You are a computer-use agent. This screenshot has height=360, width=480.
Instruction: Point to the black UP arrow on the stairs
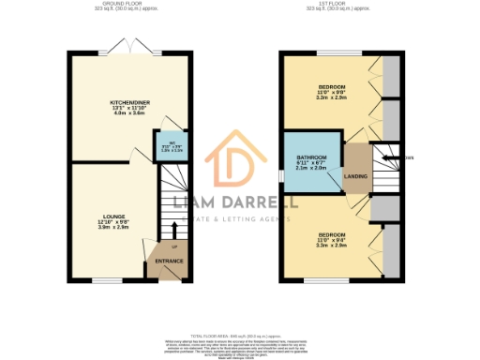tap(173, 231)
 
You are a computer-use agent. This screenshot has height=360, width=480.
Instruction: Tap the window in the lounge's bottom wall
tap(107, 280)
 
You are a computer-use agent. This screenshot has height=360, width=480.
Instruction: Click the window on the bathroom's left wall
tap(281, 175)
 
